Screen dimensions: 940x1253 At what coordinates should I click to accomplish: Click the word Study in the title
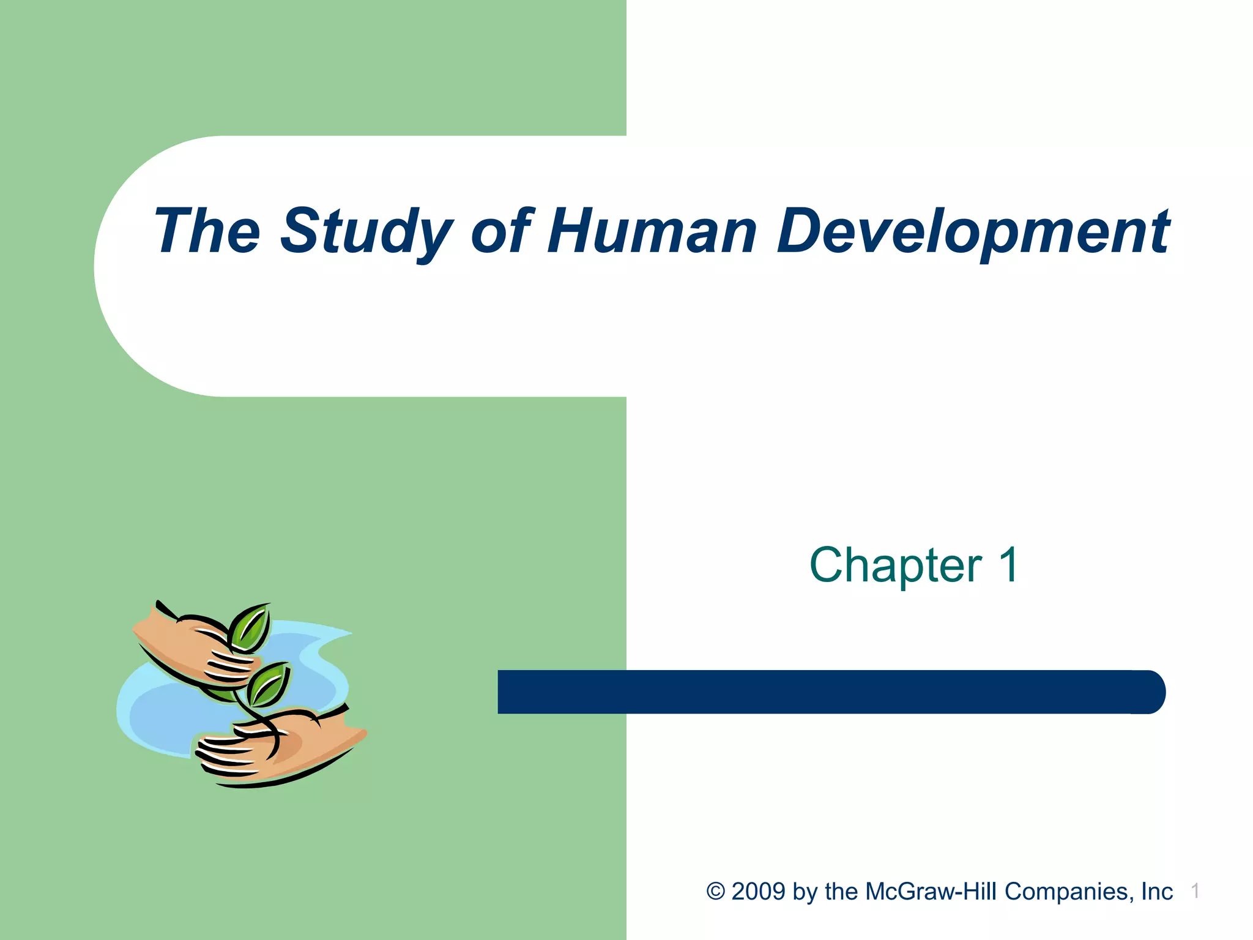click(x=366, y=231)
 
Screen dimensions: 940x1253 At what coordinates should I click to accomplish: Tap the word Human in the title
click(x=652, y=231)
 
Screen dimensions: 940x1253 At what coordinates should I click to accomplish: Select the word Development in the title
click(x=973, y=231)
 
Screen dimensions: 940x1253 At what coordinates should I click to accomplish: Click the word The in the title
click(x=207, y=231)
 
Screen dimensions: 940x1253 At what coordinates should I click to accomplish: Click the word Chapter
click(x=895, y=565)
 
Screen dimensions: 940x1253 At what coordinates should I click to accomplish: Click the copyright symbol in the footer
click(x=715, y=892)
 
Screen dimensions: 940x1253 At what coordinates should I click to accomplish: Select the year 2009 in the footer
click(x=758, y=892)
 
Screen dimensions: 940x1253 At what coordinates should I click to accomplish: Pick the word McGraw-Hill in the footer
click(x=932, y=892)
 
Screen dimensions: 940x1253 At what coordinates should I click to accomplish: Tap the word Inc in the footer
click(x=1157, y=892)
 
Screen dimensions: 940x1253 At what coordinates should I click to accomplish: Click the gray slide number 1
click(x=1195, y=891)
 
